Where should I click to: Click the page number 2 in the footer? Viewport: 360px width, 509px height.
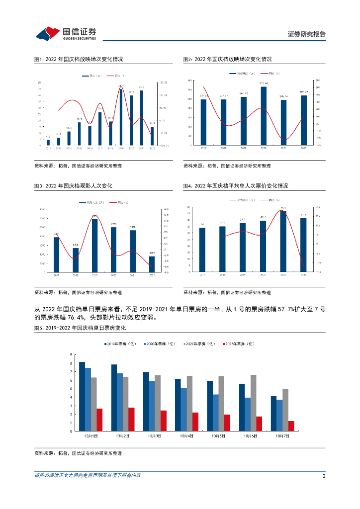[x=323, y=476]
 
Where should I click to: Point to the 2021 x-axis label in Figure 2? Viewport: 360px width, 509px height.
[x=283, y=148]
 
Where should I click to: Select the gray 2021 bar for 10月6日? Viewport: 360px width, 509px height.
[x=254, y=403]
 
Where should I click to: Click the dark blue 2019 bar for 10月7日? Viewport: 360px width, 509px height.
[x=273, y=413]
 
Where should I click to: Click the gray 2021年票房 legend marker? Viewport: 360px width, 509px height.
[x=185, y=343]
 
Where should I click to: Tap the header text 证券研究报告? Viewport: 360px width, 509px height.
[x=307, y=34]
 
